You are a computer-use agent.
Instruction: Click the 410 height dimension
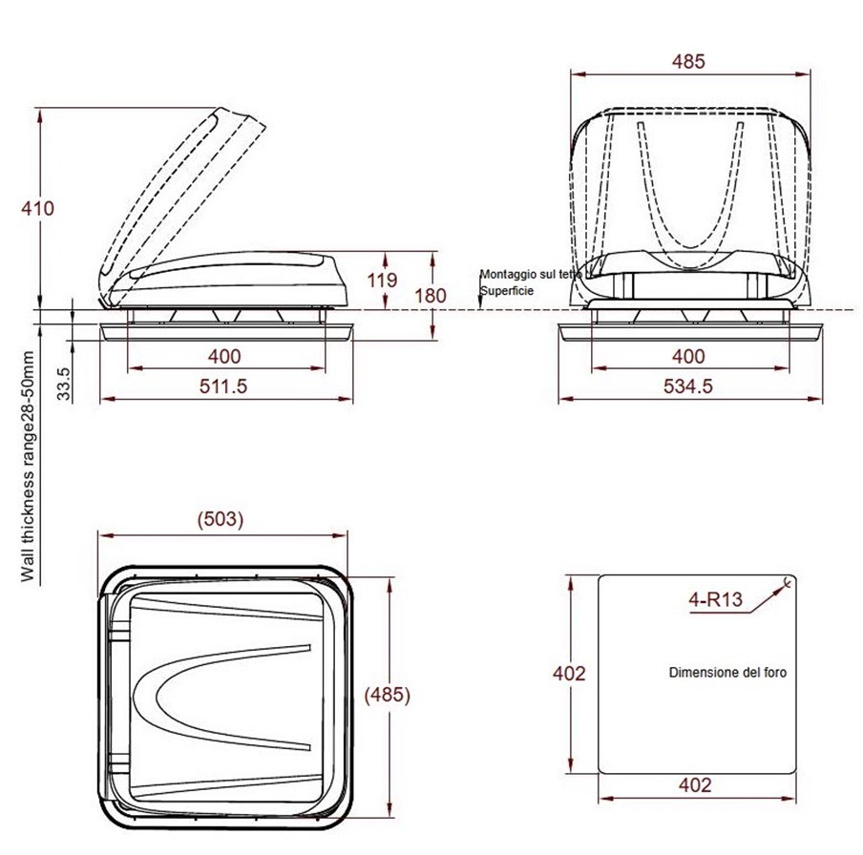38,209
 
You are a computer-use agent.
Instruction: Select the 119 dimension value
382,280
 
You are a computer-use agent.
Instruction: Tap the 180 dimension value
431,296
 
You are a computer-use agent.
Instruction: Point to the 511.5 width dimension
223,386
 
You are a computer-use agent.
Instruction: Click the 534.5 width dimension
688,386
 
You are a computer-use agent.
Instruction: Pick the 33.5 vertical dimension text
64,384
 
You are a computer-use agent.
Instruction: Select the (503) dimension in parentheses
221,519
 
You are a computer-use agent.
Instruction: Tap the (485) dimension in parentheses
388,695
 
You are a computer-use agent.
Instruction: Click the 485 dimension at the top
688,61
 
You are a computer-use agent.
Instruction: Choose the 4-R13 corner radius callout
715,599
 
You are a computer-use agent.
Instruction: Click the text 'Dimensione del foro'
727,673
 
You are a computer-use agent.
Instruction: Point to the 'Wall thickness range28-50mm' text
28,467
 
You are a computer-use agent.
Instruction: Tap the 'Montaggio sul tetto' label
531,274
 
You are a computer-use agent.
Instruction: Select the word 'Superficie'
507,290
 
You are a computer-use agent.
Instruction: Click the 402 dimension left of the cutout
569,673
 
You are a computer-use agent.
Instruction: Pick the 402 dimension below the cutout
695,784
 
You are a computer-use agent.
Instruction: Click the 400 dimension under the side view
224,357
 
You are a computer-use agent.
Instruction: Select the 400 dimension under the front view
688,357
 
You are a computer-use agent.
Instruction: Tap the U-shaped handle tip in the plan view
157,697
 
